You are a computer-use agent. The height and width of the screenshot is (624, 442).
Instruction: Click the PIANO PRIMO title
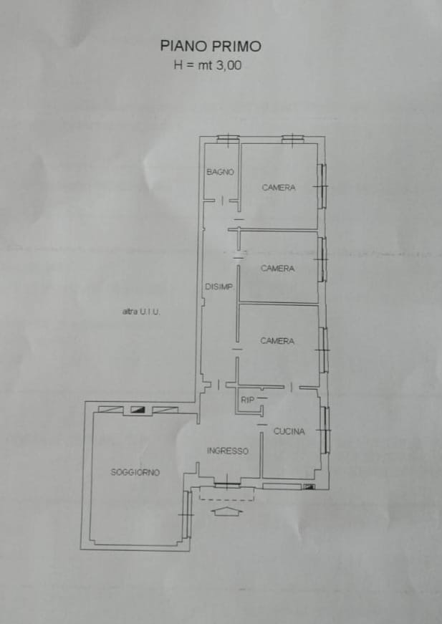(x=211, y=46)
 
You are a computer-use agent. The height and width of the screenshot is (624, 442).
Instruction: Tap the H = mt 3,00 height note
(x=207, y=65)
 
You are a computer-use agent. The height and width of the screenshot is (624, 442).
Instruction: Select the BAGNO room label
(x=220, y=172)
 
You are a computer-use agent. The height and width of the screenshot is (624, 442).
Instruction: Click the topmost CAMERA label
(x=279, y=188)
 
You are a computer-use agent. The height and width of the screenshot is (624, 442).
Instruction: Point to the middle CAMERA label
(x=278, y=269)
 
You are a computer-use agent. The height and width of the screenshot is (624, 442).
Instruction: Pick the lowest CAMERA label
(x=277, y=340)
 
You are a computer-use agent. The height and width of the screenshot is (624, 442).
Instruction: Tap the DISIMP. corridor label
(x=218, y=287)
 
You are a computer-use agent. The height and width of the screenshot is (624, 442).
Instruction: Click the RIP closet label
(x=247, y=400)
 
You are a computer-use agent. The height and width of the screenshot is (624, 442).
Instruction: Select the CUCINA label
(x=289, y=431)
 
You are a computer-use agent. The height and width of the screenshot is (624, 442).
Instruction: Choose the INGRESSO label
(x=228, y=451)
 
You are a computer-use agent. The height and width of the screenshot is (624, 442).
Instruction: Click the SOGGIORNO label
(x=135, y=472)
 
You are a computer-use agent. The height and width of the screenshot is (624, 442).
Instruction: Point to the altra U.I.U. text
(x=141, y=312)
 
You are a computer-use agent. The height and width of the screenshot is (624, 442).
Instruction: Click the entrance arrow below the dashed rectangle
(x=227, y=512)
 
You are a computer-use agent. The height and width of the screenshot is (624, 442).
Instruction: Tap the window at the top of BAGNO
(x=228, y=139)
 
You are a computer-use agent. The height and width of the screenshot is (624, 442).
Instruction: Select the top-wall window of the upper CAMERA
(x=293, y=139)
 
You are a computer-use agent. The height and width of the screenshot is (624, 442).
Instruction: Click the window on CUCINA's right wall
(x=325, y=430)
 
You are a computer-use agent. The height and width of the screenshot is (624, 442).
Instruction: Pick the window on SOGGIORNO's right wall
(x=186, y=514)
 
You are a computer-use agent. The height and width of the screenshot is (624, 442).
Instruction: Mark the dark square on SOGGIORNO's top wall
(x=138, y=410)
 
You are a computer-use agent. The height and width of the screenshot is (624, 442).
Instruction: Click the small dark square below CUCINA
(x=309, y=486)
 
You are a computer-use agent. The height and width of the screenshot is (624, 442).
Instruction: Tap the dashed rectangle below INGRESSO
(x=227, y=494)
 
